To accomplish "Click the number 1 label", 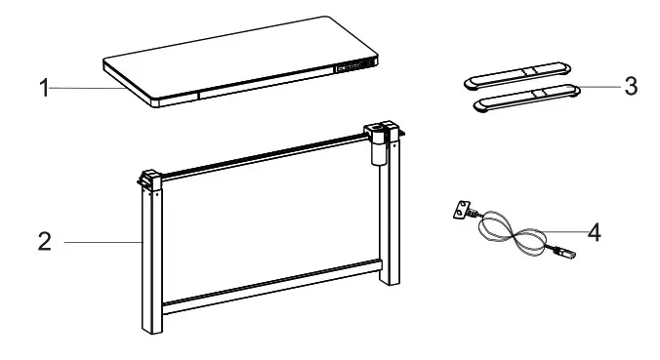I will pos(44,89).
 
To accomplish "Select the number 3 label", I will pos(631,87).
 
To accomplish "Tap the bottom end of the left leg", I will pos(150,328).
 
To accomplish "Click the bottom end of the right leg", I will pos(391,278).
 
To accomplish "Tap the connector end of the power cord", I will pos(562,256).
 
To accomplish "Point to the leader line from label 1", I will pos(88,89).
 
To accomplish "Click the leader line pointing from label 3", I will pos(600,87).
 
